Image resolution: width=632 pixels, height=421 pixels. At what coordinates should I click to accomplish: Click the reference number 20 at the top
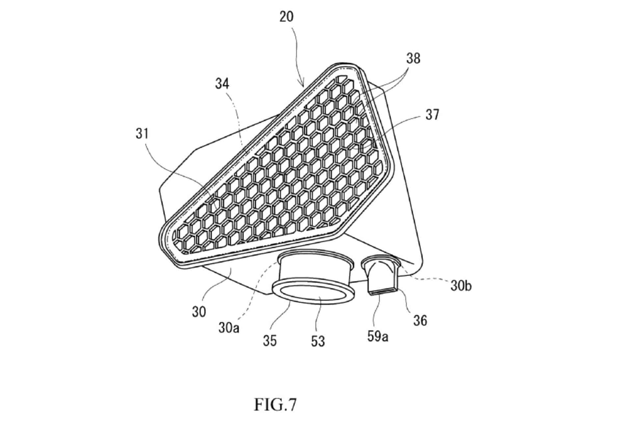point(286,16)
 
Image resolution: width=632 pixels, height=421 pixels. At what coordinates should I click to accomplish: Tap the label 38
point(413,59)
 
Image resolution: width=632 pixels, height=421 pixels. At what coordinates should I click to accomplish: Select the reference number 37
point(432,115)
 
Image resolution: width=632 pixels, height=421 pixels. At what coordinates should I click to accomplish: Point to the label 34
point(222,84)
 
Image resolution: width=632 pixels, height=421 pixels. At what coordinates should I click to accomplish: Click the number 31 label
point(142,134)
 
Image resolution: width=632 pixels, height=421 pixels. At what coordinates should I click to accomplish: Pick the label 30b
point(461,286)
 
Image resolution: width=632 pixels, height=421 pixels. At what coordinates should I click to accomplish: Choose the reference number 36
point(420,320)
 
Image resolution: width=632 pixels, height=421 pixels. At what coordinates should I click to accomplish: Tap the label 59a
point(378,336)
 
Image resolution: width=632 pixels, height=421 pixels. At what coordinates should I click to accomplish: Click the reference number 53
point(318,341)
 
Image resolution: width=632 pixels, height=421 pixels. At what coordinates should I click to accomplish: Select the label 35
point(270,341)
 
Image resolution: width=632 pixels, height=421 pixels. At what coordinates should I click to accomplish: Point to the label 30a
point(229,327)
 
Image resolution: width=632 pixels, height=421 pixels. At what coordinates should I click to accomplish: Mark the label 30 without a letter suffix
point(199,311)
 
